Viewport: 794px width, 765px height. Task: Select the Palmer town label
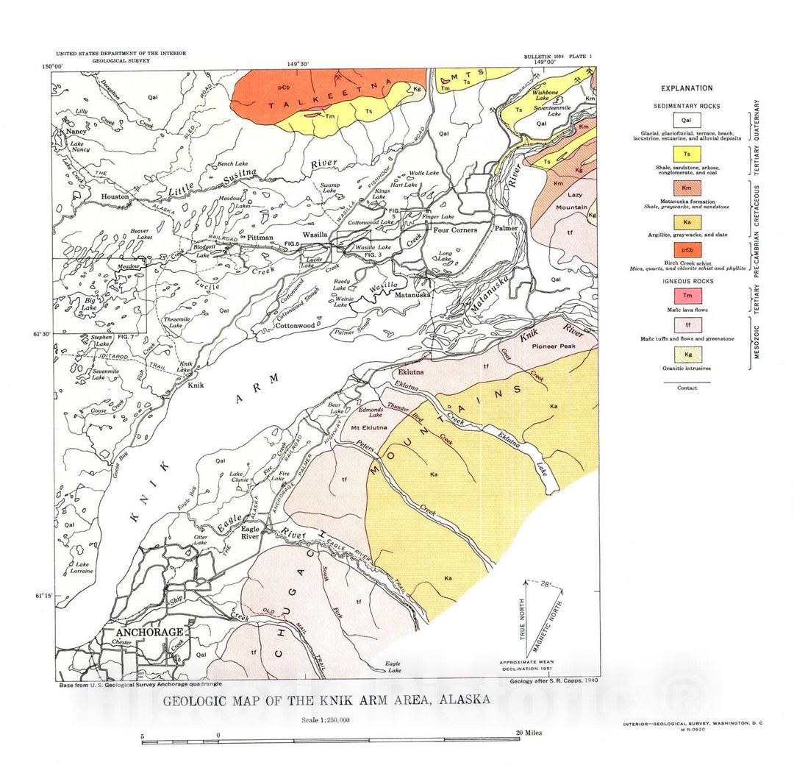505,228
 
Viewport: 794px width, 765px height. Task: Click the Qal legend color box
687,119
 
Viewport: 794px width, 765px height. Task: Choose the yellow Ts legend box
687,153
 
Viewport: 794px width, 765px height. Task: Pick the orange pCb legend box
687,250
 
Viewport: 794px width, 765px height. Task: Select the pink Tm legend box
687,295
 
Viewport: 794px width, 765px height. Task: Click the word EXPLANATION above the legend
687,88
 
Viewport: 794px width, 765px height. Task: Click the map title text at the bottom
326,700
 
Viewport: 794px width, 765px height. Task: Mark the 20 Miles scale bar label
529,733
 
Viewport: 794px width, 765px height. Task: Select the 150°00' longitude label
52,66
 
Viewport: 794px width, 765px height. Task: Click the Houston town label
115,197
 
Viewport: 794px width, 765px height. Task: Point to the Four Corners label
454,230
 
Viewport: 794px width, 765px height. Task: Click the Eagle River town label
251,533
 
